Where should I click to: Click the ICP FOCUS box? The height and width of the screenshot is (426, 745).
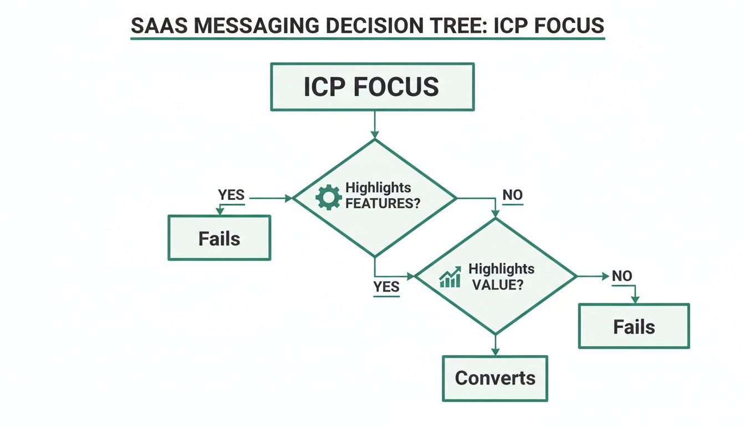click(x=372, y=87)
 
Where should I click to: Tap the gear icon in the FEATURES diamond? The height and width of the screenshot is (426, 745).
click(x=328, y=197)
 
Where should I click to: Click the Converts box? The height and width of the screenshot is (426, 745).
click(x=494, y=378)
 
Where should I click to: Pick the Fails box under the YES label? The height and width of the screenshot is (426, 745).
click(x=219, y=239)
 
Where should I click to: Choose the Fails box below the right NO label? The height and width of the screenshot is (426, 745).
click(x=634, y=326)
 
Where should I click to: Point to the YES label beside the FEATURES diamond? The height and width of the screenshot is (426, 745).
click(x=231, y=195)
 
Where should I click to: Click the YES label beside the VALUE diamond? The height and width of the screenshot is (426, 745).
click(x=386, y=287)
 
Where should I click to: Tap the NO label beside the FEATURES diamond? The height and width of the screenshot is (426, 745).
click(x=512, y=195)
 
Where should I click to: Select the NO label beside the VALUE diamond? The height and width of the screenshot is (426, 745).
click(x=622, y=276)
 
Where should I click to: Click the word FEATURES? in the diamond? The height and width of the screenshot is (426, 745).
click(x=382, y=203)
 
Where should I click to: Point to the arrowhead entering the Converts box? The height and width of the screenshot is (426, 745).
click(x=495, y=351)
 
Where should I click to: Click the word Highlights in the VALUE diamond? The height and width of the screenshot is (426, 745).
click(x=501, y=269)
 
